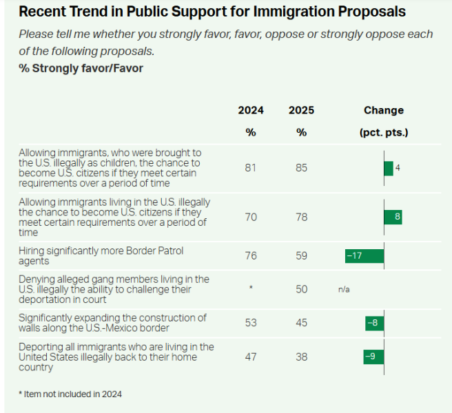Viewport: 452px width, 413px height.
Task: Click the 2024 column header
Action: pos(250,110)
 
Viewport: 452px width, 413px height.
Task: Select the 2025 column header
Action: pos(301,110)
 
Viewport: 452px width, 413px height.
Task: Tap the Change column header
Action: pos(384,110)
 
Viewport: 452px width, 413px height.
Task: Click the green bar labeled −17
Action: pos(364,256)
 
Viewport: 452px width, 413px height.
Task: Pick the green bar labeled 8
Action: pos(393,218)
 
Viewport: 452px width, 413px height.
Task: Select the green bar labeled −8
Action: pos(375,324)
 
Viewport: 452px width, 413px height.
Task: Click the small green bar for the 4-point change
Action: pos(389,168)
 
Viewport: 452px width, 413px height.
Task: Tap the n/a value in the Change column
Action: pos(344,290)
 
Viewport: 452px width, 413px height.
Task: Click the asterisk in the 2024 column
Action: pos(250,288)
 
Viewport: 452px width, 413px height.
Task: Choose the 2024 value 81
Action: pos(250,168)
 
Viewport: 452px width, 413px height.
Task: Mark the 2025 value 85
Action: pos(301,168)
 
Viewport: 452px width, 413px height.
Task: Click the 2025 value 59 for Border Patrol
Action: pos(301,256)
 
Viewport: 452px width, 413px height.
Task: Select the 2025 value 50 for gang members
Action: pos(301,289)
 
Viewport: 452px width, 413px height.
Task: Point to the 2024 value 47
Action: pos(250,357)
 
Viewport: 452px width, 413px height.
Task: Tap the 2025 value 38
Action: pos(301,357)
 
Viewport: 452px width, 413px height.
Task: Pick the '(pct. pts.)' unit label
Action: pos(384,132)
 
